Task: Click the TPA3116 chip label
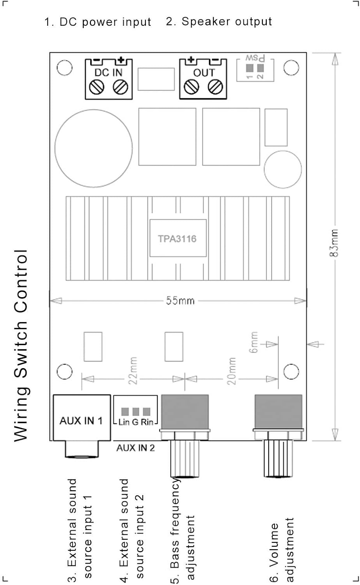(x=177, y=239)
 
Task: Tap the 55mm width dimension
(x=180, y=301)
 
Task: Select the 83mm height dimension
(x=334, y=243)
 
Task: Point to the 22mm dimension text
(x=133, y=370)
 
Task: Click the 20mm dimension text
(x=231, y=371)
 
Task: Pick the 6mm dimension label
(x=254, y=342)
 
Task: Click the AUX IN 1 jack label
(x=81, y=421)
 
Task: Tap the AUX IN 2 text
(x=136, y=448)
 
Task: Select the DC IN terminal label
(x=108, y=72)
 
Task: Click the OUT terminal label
(x=204, y=73)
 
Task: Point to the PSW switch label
(x=255, y=58)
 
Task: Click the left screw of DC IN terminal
(x=97, y=87)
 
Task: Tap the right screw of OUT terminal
(x=216, y=87)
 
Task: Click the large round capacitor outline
(x=94, y=148)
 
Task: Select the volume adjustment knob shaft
(x=278, y=459)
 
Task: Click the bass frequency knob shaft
(x=185, y=459)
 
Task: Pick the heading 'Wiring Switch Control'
(x=21, y=345)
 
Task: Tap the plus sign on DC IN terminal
(x=121, y=60)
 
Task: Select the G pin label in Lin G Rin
(x=135, y=422)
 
